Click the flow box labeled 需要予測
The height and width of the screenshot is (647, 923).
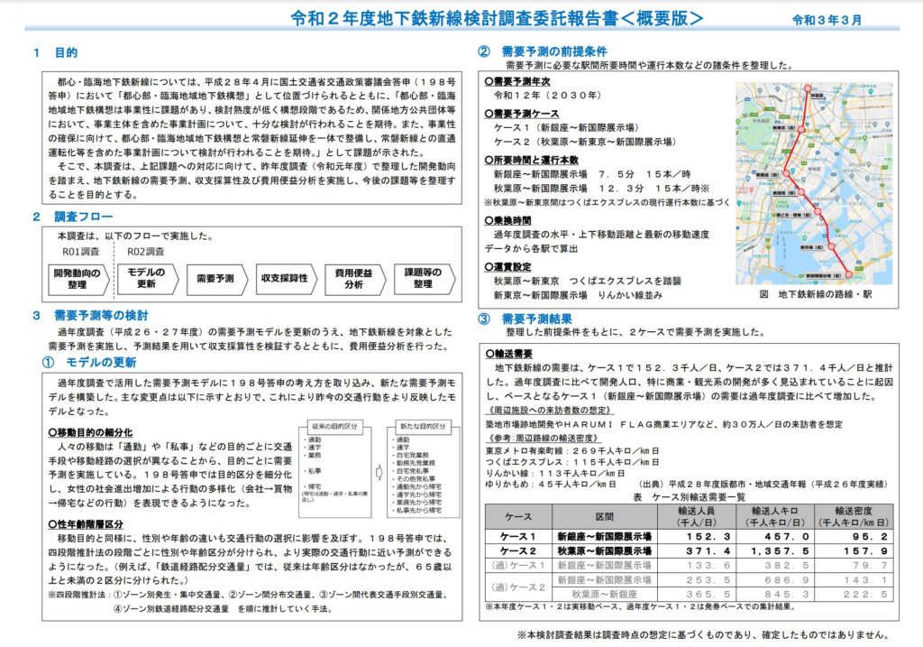(215, 279)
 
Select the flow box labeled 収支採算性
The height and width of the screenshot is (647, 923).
(284, 279)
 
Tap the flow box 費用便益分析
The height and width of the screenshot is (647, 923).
(353, 279)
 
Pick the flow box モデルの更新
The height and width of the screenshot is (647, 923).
(146, 279)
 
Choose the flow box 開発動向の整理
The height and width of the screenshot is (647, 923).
(77, 279)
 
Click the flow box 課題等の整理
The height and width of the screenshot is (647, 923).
(423, 279)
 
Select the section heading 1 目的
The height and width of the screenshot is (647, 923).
(55, 53)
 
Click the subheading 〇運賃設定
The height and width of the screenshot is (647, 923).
(513, 267)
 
